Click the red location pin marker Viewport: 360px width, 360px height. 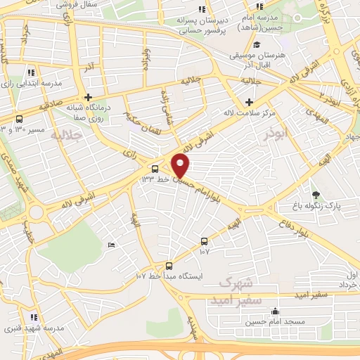(x=181, y=166)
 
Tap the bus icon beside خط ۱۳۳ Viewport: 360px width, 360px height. (x=155, y=168)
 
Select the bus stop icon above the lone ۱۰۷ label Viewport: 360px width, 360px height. (x=204, y=240)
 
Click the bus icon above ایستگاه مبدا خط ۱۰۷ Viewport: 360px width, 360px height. (x=169, y=265)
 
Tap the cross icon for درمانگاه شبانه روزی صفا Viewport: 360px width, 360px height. (x=87, y=97)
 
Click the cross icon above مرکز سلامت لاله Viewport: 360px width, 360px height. (x=247, y=102)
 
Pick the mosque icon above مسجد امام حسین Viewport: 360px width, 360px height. (x=275, y=311)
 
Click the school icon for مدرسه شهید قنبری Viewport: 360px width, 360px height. (x=34, y=317)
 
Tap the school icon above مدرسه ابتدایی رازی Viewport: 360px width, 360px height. (x=32, y=72)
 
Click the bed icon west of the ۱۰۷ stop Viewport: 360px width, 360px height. (x=111, y=244)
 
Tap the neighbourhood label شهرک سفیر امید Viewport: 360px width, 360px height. (x=239, y=291)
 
